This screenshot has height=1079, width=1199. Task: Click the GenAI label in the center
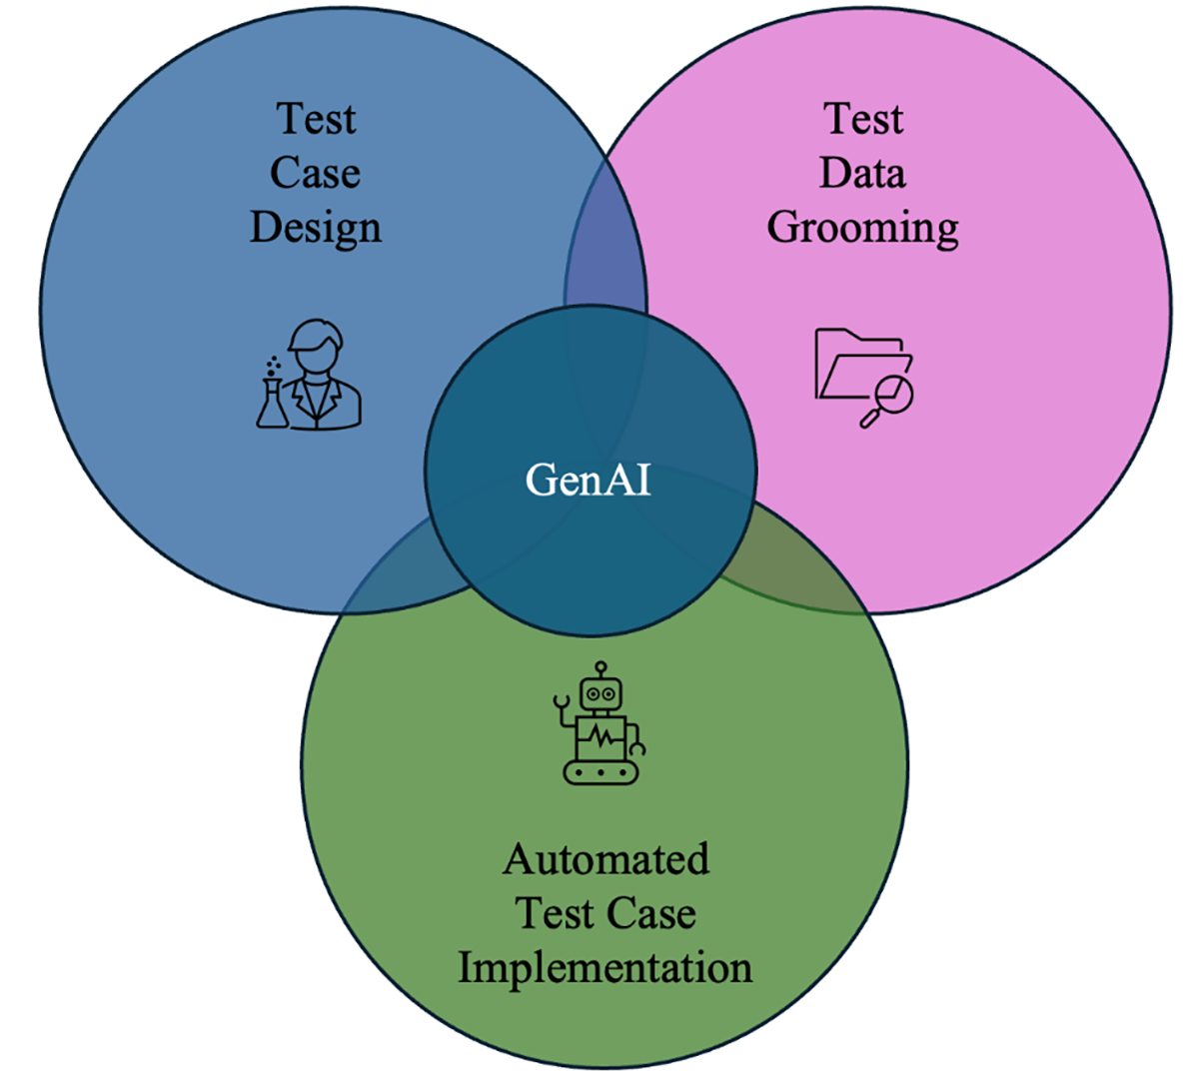click(588, 480)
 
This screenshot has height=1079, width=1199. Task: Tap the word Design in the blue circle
click(315, 228)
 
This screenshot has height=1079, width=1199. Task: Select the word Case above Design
click(315, 173)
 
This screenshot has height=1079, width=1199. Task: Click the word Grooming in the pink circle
click(862, 228)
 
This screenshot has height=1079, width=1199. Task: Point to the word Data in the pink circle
click(862, 173)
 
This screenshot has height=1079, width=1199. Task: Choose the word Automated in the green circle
click(605, 859)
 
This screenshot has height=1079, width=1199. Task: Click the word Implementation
click(604, 967)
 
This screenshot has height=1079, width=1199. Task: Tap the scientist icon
click(310, 375)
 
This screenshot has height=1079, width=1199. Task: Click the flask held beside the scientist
click(272, 400)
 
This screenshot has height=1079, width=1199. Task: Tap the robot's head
click(599, 689)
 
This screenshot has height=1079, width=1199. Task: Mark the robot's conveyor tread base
click(599, 771)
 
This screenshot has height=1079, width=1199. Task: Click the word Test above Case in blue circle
click(315, 118)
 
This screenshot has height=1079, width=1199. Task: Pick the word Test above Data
click(862, 118)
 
